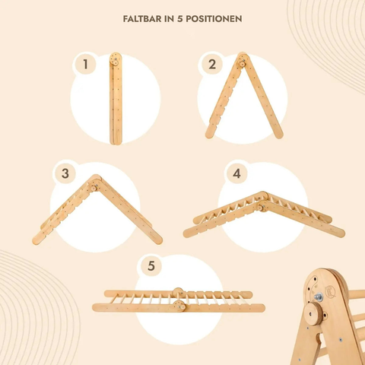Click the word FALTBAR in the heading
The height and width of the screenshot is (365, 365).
coord(142,19)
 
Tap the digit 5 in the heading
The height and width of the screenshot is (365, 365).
coord(179,19)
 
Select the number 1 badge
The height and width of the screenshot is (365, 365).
coord(85,65)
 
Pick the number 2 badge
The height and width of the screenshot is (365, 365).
coord(212,65)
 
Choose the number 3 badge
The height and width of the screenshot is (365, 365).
coord(65,174)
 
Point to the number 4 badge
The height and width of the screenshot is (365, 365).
coord(236,174)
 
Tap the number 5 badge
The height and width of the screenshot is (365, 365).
coord(151,266)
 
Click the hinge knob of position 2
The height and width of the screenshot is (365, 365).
coord(243,63)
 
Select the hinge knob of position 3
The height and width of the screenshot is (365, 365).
coord(94,189)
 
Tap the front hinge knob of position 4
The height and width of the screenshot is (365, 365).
coord(260,208)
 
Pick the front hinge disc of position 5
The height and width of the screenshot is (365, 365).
coord(179,306)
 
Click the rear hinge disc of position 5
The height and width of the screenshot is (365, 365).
coord(178,292)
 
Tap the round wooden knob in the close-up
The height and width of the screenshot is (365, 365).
coord(314,315)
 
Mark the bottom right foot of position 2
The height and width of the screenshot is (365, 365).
coord(279,135)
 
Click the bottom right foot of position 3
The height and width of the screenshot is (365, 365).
coord(158,240)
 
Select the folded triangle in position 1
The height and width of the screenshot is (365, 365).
coord(116,99)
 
